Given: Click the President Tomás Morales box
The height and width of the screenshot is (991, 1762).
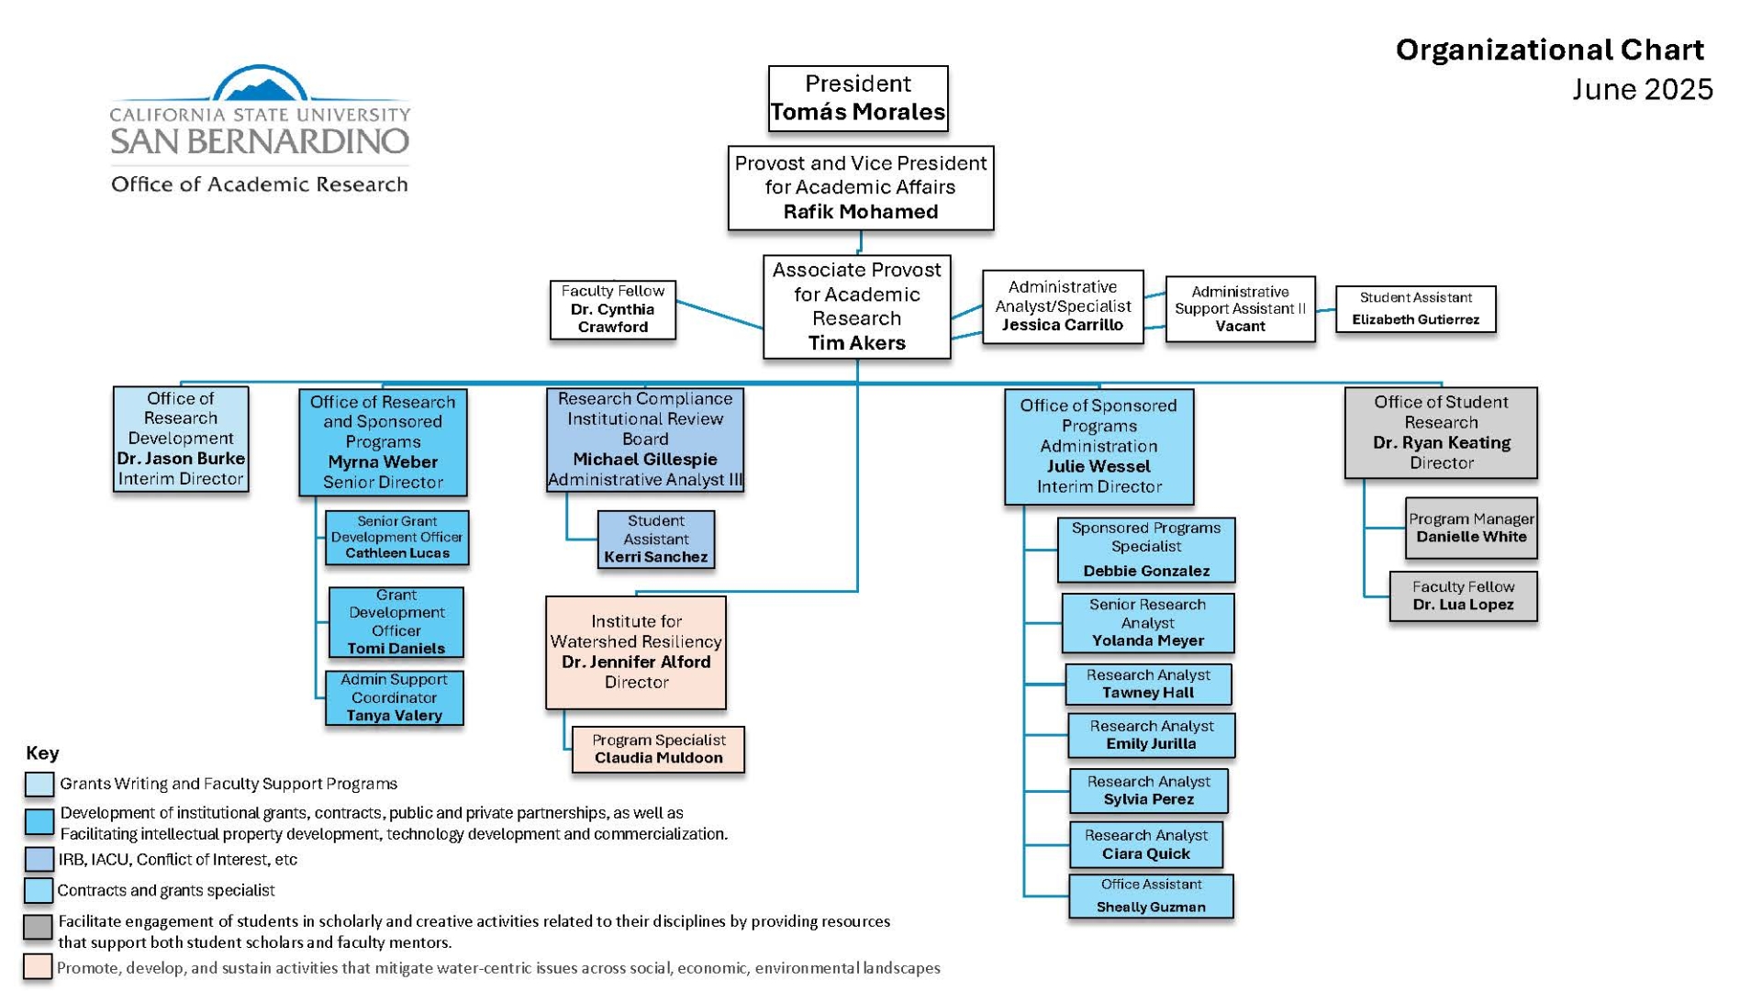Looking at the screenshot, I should click(857, 98).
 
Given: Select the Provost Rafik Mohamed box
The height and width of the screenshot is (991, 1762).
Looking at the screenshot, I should click(860, 187).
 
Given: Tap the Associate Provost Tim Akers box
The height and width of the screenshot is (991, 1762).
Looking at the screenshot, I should click(856, 306).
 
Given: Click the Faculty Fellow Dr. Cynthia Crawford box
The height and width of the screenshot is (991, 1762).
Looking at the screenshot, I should click(612, 309).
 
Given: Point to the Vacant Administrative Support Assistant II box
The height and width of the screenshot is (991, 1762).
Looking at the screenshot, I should click(1240, 309).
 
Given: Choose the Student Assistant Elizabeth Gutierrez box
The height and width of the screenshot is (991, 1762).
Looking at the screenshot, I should click(1415, 309).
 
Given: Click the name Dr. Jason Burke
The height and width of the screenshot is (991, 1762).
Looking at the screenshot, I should click(181, 459).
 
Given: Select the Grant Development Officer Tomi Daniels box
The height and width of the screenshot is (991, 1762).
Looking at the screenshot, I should click(396, 622).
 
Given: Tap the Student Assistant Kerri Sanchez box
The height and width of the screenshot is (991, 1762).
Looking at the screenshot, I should click(655, 539).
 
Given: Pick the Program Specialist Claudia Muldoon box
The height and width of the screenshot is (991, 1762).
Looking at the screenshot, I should click(658, 749).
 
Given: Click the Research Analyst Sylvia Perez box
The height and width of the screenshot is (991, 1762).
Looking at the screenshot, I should click(1148, 790).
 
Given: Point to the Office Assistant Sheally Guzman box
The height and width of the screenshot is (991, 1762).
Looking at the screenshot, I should click(1151, 896).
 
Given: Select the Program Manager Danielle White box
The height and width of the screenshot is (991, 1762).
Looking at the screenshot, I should click(1471, 528).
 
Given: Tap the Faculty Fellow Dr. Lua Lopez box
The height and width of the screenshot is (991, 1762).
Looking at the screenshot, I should click(1463, 596).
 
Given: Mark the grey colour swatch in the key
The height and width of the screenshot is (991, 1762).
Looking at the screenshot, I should click(38, 927).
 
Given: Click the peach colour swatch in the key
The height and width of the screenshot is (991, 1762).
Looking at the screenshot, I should click(38, 967).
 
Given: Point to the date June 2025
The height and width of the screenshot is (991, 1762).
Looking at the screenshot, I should click(1642, 89).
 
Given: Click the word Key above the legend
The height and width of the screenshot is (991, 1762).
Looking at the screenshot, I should click(42, 753).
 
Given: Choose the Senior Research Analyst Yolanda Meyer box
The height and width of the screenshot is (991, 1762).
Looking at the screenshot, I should click(1147, 623).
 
